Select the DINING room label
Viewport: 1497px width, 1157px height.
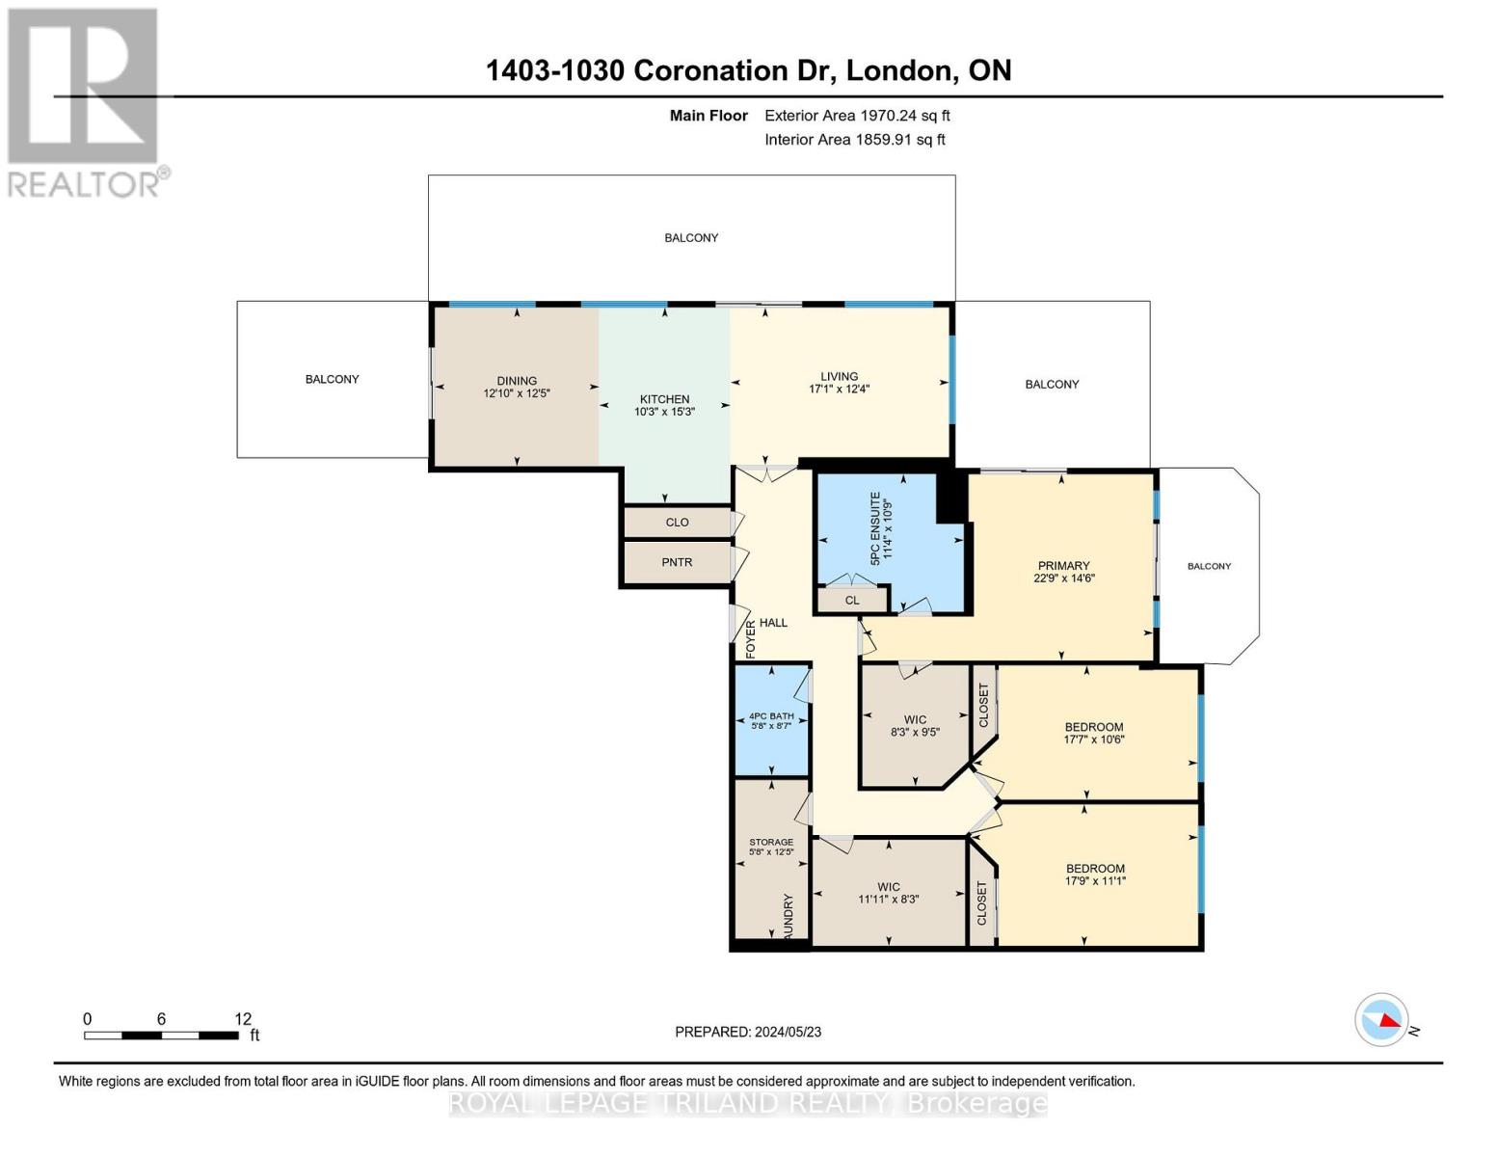(x=517, y=381)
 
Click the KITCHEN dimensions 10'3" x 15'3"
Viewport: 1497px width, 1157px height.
(x=664, y=412)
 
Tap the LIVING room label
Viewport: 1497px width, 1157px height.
(x=839, y=376)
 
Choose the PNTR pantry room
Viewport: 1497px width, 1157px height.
(x=677, y=562)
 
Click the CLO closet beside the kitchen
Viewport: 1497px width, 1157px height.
(x=677, y=523)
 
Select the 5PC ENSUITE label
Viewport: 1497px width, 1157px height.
(x=875, y=528)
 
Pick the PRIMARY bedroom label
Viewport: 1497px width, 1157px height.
(x=1063, y=566)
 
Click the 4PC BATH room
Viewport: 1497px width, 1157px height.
(x=771, y=720)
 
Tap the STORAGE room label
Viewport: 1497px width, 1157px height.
(x=771, y=842)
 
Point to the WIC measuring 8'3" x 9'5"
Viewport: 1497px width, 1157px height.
(x=915, y=726)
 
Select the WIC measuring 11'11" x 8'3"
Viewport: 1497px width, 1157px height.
(x=889, y=893)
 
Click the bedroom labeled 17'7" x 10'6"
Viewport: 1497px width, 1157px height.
(x=1094, y=733)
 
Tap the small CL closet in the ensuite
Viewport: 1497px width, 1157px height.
(x=852, y=601)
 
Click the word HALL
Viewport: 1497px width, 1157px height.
(x=773, y=623)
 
